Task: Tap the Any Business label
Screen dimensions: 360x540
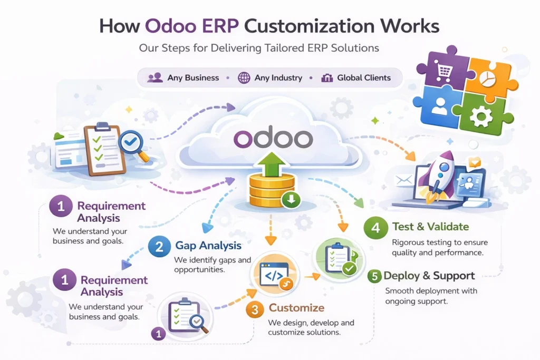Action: (193, 78)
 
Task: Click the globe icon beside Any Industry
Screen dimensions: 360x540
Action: (244, 78)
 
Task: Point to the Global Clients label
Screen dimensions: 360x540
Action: (364, 78)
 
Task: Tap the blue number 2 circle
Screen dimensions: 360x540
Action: (159, 246)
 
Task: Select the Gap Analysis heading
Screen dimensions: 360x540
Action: (208, 246)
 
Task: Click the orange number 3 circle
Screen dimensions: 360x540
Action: (255, 310)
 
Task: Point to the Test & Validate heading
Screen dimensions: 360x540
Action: (430, 227)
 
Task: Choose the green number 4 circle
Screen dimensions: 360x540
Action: (375, 228)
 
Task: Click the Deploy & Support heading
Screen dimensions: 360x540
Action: (429, 276)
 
